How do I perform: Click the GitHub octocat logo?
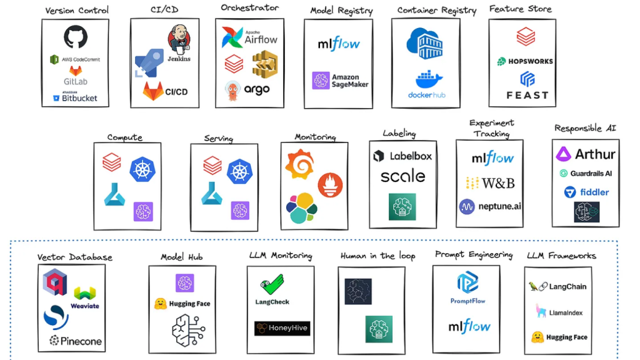click(x=75, y=37)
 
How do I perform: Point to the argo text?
click(x=256, y=89)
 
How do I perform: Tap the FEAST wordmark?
click(x=527, y=95)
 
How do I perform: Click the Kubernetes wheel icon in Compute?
click(x=142, y=169)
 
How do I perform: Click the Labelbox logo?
click(x=402, y=156)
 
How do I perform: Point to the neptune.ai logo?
click(x=491, y=206)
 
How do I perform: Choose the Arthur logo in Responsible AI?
click(x=586, y=154)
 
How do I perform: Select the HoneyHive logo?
click(x=282, y=328)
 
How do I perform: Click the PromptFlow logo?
click(x=467, y=287)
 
